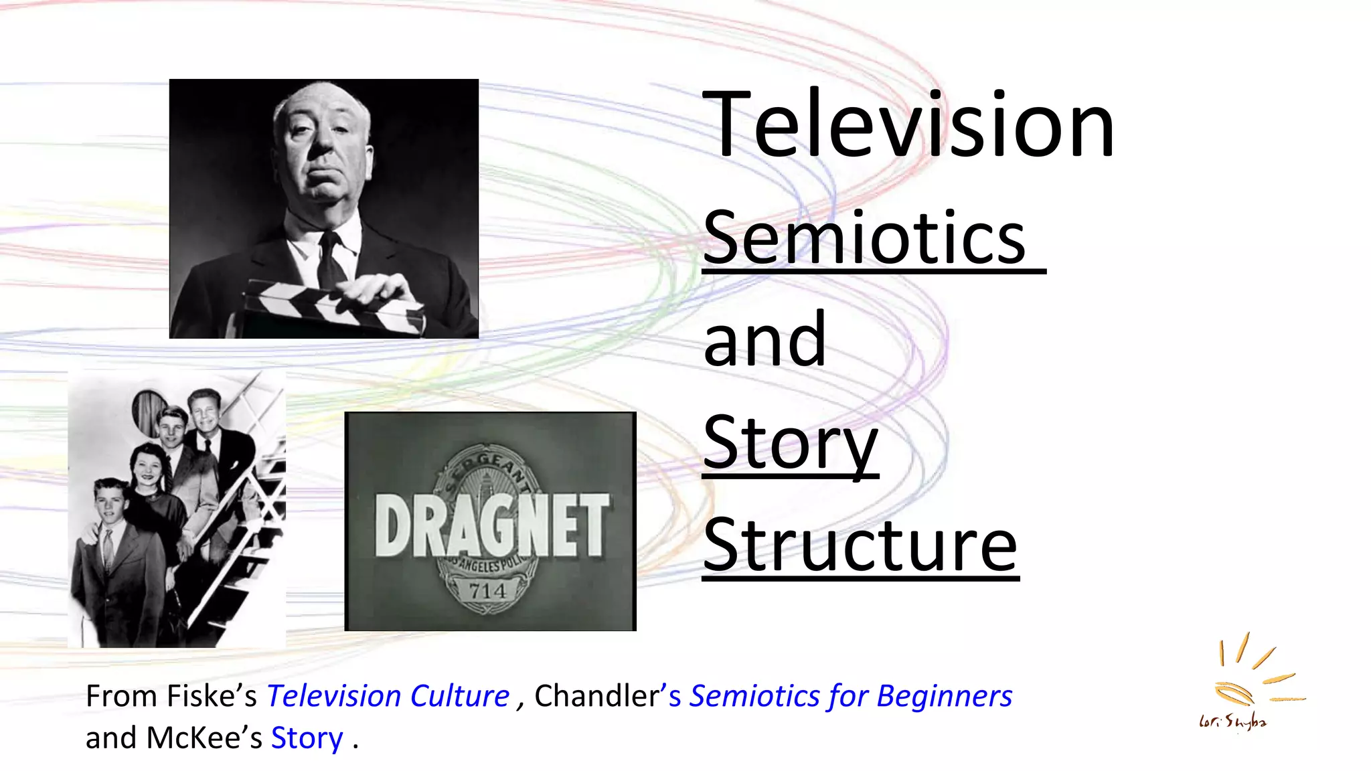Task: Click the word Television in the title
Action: [908, 125]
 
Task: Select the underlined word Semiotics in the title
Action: [864, 238]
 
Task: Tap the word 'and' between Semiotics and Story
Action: [764, 340]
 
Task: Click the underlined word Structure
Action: [860, 545]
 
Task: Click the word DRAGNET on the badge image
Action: [491, 525]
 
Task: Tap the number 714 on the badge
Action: [487, 591]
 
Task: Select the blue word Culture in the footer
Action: [459, 697]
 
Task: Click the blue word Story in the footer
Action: [307, 738]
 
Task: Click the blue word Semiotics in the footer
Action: [754, 697]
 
